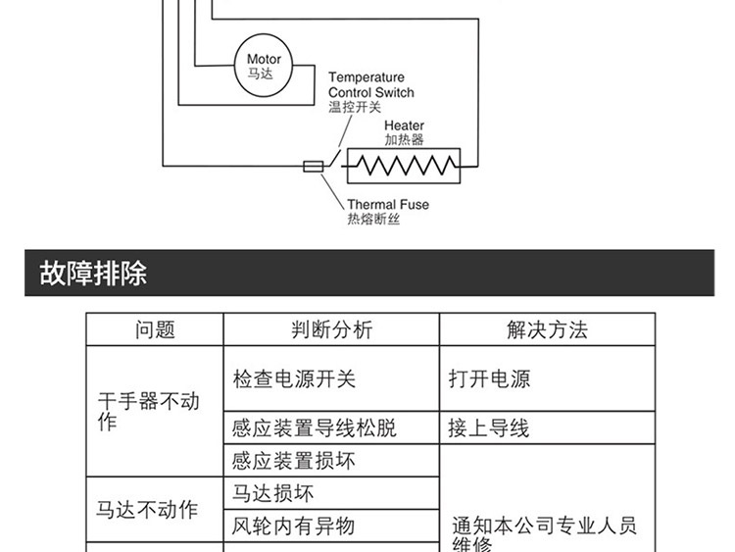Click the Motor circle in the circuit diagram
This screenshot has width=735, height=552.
pos(264,66)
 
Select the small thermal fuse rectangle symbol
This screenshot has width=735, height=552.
pos(314,167)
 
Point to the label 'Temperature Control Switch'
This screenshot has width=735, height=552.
pos(370,85)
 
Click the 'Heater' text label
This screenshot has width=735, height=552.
pos(404,125)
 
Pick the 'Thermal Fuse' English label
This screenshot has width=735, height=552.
pos(388,205)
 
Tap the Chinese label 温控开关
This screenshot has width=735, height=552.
pos(355,108)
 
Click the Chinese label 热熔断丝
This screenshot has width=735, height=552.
pos(373,220)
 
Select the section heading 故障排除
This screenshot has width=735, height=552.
pos(94,273)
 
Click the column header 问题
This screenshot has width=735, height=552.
pos(155,330)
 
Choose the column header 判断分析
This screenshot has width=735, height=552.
pos(331,330)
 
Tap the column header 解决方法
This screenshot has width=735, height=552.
pos(547,330)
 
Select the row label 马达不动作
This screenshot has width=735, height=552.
pos(147,510)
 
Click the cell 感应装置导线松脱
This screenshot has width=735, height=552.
pos(315,428)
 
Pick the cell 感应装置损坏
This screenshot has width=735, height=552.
pos(293,461)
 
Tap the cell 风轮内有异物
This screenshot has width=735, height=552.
pos(293,526)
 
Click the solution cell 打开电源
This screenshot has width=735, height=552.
pos(489,379)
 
